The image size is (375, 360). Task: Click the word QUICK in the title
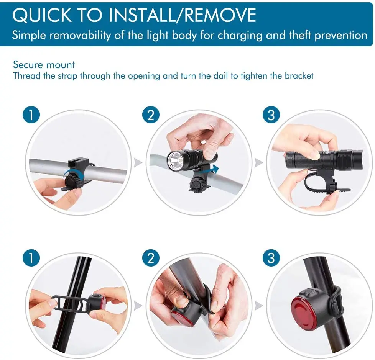[x=42, y=15]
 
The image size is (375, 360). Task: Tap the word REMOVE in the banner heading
[x=220, y=15]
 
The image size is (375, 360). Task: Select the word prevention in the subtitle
[x=340, y=35]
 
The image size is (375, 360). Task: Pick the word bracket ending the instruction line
[x=299, y=76]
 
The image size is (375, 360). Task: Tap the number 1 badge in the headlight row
[x=31, y=115]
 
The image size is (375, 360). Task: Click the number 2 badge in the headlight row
[x=151, y=115]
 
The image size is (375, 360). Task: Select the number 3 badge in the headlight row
[x=271, y=115]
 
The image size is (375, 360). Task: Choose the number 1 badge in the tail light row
[x=31, y=258]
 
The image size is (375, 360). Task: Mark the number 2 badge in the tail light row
[x=151, y=258]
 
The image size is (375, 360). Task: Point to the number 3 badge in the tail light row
[x=271, y=258]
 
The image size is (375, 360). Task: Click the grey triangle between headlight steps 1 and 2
[x=138, y=163]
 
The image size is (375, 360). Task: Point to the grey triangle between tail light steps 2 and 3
[x=259, y=306]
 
